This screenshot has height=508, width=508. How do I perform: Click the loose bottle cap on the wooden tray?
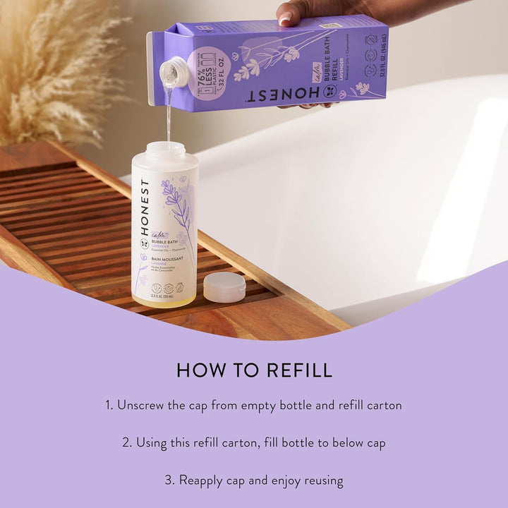[x=224, y=286]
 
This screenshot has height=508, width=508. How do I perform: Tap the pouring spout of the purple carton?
[x=174, y=71]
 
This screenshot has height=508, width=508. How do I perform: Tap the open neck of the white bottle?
[x=166, y=148]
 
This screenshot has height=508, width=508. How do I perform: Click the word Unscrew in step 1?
[x=140, y=406]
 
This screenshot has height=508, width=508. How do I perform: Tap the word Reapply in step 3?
[x=201, y=480]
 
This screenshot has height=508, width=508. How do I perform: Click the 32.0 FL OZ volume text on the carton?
[x=379, y=64]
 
